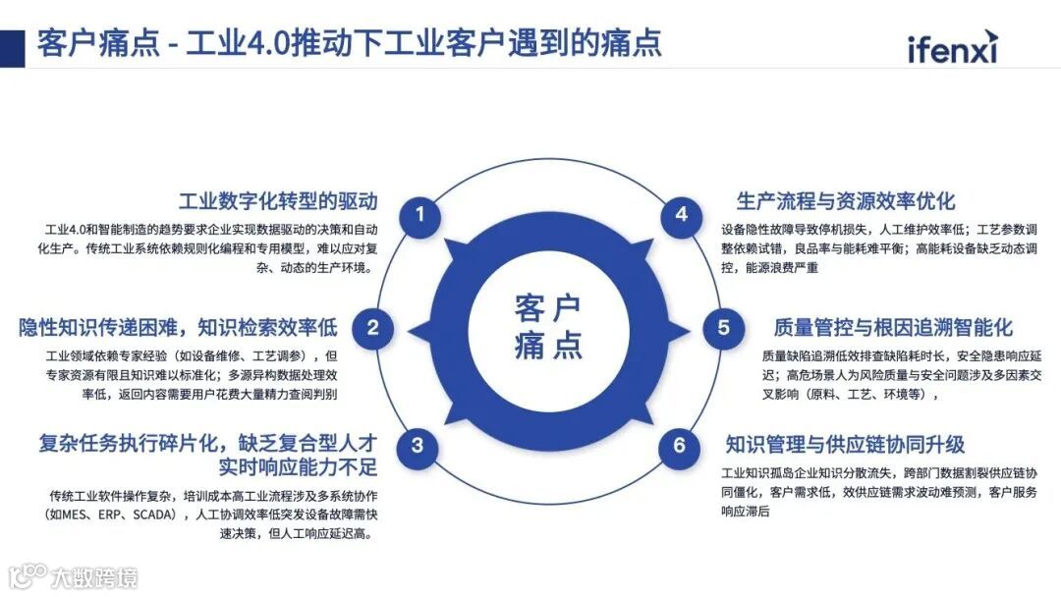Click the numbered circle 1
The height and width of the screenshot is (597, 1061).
click(421, 214)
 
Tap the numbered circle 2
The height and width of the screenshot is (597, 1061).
click(373, 328)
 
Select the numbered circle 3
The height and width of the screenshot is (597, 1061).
click(418, 446)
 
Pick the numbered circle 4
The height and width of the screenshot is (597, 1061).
click(679, 214)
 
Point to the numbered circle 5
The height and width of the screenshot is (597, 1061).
click(724, 328)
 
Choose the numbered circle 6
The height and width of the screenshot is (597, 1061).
click(679, 446)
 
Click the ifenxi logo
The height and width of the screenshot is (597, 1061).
click(952, 46)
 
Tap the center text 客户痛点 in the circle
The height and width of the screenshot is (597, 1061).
click(548, 328)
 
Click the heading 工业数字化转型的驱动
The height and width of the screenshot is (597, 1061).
click(278, 202)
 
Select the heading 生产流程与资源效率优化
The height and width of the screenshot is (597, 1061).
click(846, 201)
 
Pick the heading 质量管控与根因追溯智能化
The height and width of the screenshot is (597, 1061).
click(893, 327)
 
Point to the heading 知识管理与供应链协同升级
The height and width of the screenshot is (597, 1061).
click(846, 443)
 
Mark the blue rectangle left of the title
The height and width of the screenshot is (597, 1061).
click(13, 46)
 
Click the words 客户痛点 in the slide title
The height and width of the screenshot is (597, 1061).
click(98, 44)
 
